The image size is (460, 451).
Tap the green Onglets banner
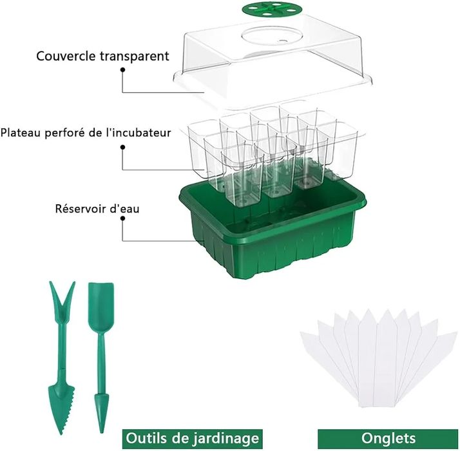pyautogui.click(x=388, y=438)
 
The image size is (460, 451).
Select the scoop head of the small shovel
pyautogui.click(x=99, y=300)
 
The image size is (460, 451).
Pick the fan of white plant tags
pyautogui.click(x=379, y=361)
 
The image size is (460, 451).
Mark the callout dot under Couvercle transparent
pyautogui.click(x=122, y=70)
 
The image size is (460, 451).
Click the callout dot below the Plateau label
pyautogui.click(x=122, y=148)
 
